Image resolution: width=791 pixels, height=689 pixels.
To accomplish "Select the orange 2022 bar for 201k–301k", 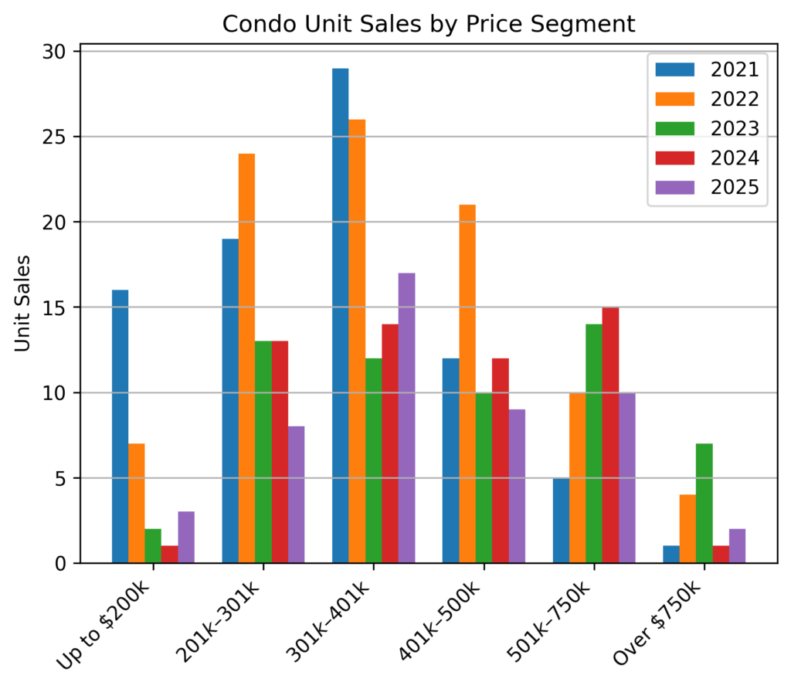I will [x=246, y=358].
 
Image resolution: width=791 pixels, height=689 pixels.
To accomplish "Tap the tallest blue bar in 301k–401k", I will [x=340, y=316].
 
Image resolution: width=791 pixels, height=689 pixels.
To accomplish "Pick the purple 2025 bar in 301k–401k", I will [x=406, y=418].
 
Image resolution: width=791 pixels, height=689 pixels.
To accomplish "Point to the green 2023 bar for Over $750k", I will [x=704, y=504].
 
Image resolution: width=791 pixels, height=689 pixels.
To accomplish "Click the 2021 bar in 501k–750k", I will [x=561, y=521].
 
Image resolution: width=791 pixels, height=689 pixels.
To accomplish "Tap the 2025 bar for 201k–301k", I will [x=296, y=494].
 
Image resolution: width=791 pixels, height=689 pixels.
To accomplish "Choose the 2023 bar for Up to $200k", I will [x=153, y=546].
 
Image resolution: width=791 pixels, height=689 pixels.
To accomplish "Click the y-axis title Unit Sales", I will [x=22, y=303].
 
